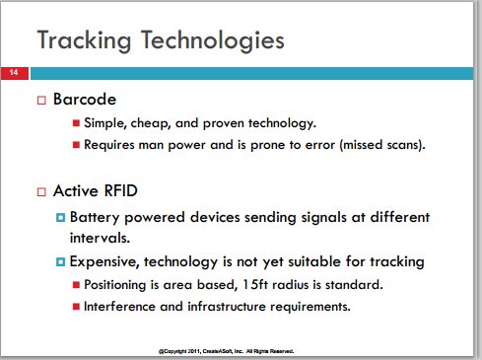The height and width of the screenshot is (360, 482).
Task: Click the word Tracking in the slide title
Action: tap(84, 40)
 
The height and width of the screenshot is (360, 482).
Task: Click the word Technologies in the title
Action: tap(213, 40)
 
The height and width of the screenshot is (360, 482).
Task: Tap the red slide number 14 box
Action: tap(15, 73)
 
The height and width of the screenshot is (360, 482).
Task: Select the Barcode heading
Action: tap(85, 99)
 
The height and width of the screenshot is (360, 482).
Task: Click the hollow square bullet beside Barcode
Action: tap(41, 100)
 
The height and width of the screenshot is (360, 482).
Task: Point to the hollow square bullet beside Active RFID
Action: tap(41, 191)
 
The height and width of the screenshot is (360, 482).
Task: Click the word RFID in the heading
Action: tap(120, 190)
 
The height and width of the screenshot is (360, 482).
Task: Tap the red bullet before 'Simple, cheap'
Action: tap(76, 123)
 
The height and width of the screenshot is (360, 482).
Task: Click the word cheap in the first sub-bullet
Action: tap(151, 123)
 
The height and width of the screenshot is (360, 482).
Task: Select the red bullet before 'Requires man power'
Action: tap(76, 145)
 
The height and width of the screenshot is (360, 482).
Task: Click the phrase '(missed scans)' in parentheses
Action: tap(382, 145)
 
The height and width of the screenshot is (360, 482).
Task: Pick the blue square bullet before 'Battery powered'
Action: tap(60, 217)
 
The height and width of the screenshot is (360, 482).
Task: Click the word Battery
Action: tap(95, 218)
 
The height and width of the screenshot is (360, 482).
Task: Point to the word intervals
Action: tap(100, 238)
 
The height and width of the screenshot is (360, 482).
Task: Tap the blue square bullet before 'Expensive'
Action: tap(60, 262)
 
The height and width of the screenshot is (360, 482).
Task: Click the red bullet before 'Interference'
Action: tap(76, 307)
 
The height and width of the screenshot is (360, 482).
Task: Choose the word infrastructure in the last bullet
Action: tap(227, 307)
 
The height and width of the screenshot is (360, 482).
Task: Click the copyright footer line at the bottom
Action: tap(226, 351)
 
